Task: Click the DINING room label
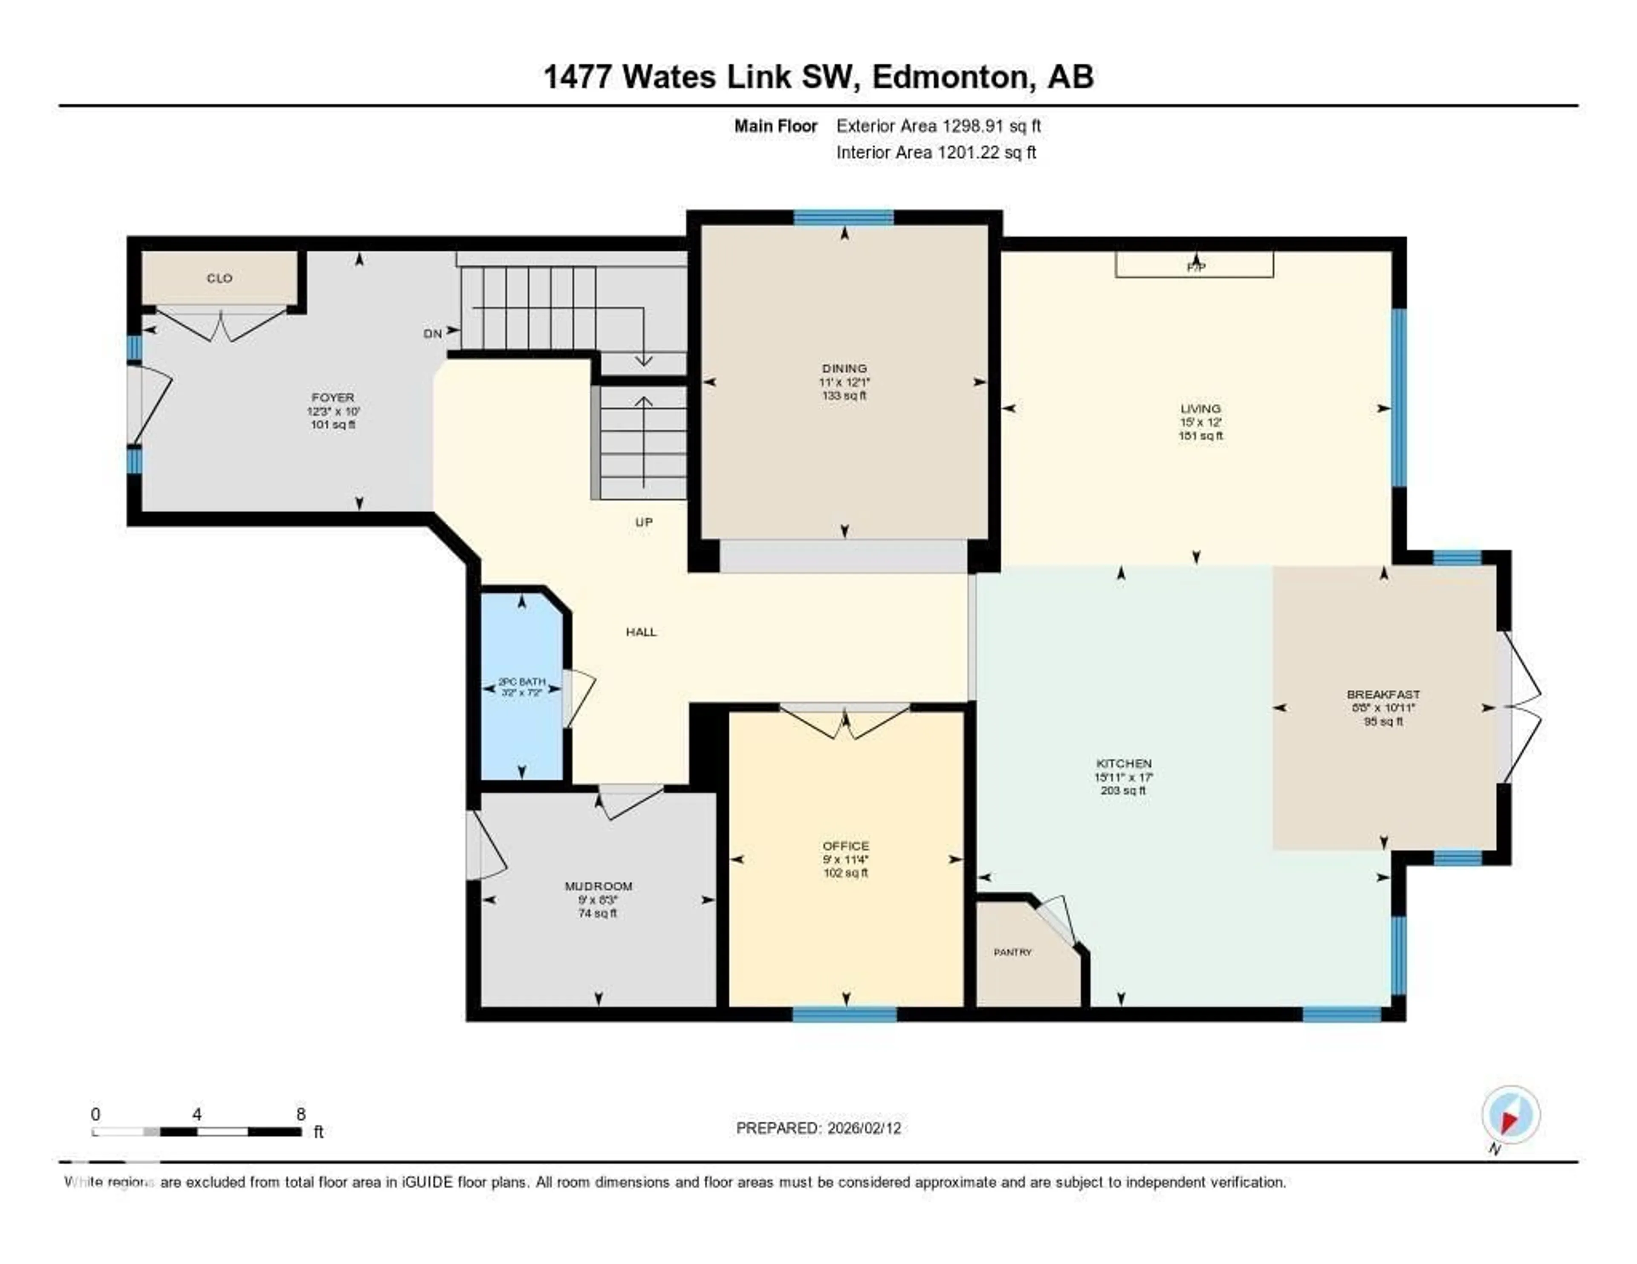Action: (844, 368)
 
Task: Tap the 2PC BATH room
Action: (522, 687)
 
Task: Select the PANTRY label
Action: (1012, 952)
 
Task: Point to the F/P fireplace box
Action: (1194, 265)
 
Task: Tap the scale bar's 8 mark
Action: (301, 1114)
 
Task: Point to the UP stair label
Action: (644, 522)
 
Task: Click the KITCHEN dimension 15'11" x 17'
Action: (1123, 777)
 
